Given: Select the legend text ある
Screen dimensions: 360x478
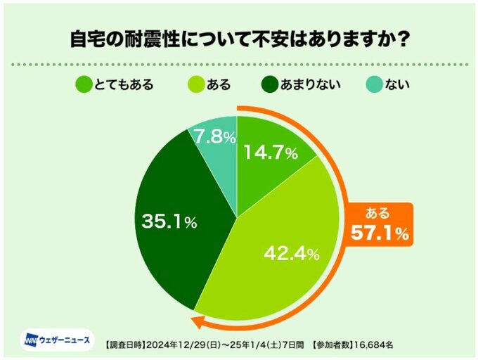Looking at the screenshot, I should pos(219,85).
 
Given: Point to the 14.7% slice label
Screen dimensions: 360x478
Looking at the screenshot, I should pos(271,153).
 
